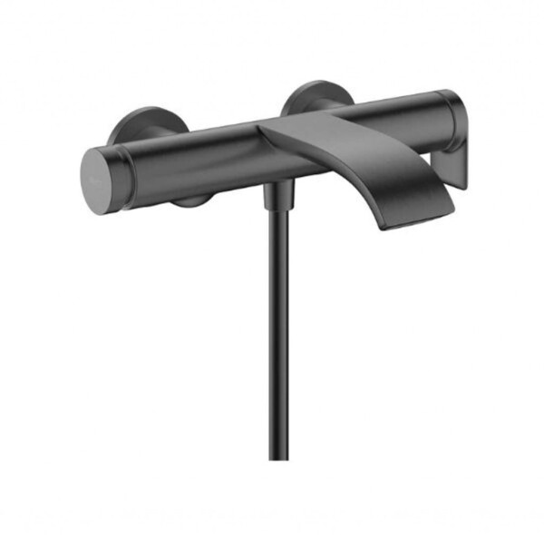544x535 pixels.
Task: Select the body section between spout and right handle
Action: [381, 116]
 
